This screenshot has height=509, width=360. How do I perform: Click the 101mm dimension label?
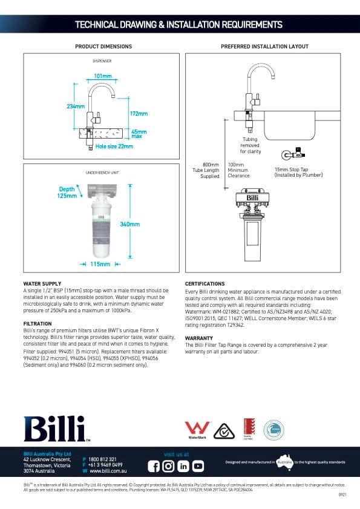(x=103, y=76)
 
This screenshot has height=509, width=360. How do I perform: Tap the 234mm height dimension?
(x=75, y=107)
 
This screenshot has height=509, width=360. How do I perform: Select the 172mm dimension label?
(x=139, y=113)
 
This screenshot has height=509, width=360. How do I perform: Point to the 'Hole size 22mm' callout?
(x=114, y=146)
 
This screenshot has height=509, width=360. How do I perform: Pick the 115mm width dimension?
(x=100, y=264)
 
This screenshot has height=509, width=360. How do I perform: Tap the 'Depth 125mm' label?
(x=67, y=192)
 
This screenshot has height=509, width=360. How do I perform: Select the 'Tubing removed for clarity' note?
(x=250, y=145)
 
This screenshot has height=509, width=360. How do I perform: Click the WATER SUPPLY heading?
(x=42, y=283)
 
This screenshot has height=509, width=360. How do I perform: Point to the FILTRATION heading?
(x=38, y=324)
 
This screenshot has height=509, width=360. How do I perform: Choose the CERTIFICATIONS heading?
(x=205, y=283)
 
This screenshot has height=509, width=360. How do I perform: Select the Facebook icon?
(x=154, y=466)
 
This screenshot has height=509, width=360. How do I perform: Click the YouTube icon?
(x=198, y=466)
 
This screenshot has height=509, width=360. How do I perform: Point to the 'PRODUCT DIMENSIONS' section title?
(x=103, y=47)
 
